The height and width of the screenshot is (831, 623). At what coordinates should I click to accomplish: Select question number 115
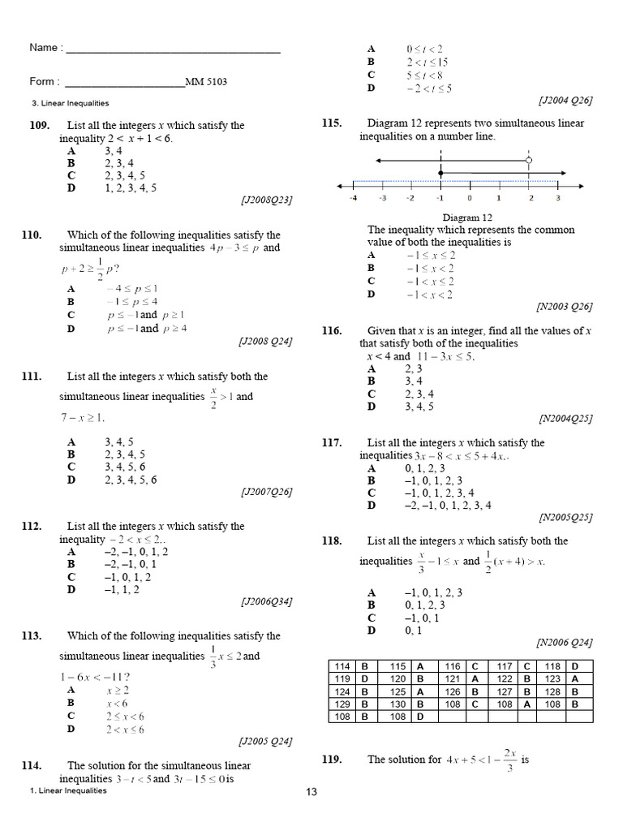click(x=331, y=123)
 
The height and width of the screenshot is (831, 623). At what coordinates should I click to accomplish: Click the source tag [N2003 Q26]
click(x=564, y=307)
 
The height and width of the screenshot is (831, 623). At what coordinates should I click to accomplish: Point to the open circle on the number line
click(x=529, y=161)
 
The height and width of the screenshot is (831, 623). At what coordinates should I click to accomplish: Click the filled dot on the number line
click(x=440, y=174)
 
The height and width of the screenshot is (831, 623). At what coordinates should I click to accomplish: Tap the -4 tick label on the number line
click(x=353, y=197)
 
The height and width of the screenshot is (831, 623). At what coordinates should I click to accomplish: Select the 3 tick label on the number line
click(x=558, y=197)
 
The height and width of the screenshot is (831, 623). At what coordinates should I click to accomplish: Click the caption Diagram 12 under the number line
click(x=467, y=217)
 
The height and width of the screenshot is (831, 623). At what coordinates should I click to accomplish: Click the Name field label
click(x=45, y=48)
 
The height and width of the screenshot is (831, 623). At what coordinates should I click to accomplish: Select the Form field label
click(x=45, y=81)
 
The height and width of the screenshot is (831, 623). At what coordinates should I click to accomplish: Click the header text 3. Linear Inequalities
click(x=70, y=103)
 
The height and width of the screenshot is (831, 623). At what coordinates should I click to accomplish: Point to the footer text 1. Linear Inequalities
click(x=68, y=790)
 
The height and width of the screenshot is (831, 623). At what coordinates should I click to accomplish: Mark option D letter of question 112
click(x=71, y=590)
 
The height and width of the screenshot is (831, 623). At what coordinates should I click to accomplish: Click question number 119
click(x=331, y=760)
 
